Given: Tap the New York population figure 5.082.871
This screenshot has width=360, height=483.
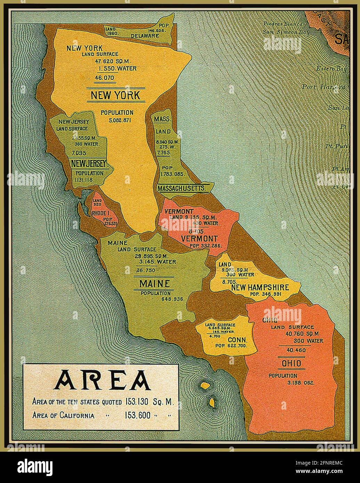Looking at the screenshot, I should pyautogui.click(x=117, y=120).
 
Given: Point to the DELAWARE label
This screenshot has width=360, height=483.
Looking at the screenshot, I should pyautogui.click(x=145, y=35).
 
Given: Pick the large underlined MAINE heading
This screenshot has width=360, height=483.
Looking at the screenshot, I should pyautogui.click(x=154, y=284).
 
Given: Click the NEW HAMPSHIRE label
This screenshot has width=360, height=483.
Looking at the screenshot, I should pyautogui.click(x=260, y=287).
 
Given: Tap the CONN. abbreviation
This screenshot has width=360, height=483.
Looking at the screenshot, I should pyautogui.click(x=237, y=339).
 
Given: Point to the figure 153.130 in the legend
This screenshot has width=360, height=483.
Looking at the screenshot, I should pyautogui.click(x=137, y=402).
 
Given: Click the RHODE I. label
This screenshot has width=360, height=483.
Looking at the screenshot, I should pyautogui.click(x=101, y=213).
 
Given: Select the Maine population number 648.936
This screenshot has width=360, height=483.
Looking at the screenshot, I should pyautogui.click(x=172, y=299).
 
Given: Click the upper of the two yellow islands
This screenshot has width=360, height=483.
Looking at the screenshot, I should pyautogui.click(x=205, y=385).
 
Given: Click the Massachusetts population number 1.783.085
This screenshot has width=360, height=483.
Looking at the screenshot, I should pyautogui.click(x=172, y=174).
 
